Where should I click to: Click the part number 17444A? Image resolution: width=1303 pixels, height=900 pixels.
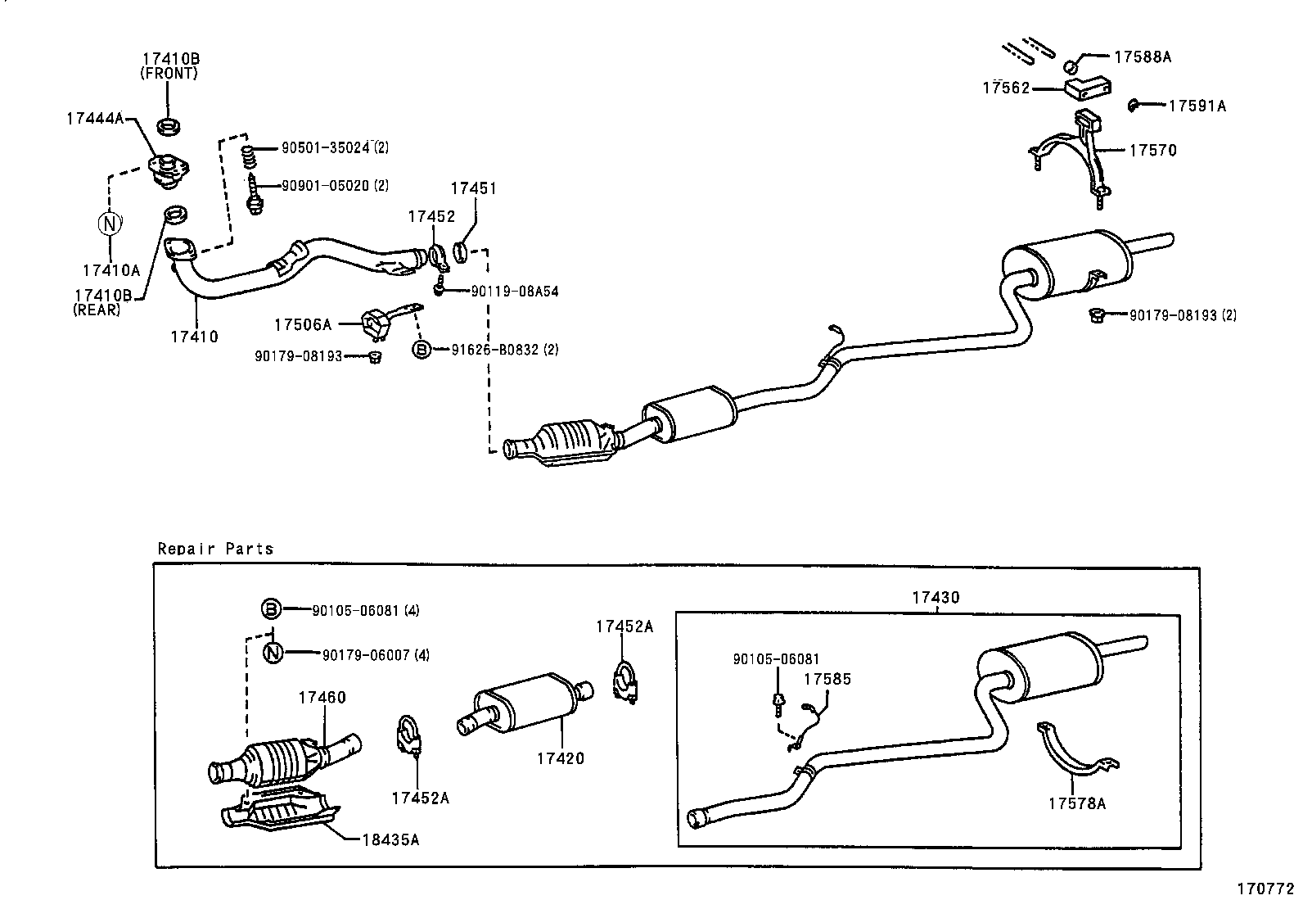click(94, 118)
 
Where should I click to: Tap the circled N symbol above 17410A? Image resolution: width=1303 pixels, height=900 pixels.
click(110, 222)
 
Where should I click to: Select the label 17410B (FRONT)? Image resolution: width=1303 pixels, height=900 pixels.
click(170, 66)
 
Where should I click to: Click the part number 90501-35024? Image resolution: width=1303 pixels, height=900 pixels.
click(325, 148)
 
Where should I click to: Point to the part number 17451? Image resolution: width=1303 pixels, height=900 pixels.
click(474, 188)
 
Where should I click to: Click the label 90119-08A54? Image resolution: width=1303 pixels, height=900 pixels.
click(515, 292)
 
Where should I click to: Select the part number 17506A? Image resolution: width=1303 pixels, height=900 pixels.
click(303, 325)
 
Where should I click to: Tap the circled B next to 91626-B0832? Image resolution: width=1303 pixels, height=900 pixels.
click(422, 350)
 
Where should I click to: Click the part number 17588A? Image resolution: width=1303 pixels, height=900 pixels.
click(1143, 57)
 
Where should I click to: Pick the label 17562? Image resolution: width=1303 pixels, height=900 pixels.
click(1006, 88)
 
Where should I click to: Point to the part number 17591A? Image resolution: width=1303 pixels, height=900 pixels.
click(1197, 106)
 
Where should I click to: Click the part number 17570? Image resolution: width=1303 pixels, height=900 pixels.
click(1152, 150)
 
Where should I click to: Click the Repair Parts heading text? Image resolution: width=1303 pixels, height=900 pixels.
click(215, 549)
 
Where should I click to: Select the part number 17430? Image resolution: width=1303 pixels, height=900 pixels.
click(936, 598)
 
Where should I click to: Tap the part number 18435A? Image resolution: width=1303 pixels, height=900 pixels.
click(390, 839)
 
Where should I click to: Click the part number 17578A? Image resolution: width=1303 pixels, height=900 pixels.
click(1077, 803)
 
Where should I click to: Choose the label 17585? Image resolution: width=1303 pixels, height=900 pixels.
click(827, 679)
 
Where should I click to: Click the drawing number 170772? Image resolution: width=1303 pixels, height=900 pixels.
click(1265, 888)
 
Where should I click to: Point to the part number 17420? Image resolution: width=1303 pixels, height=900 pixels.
click(561, 758)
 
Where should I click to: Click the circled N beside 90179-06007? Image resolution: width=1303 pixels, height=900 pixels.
click(273, 653)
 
